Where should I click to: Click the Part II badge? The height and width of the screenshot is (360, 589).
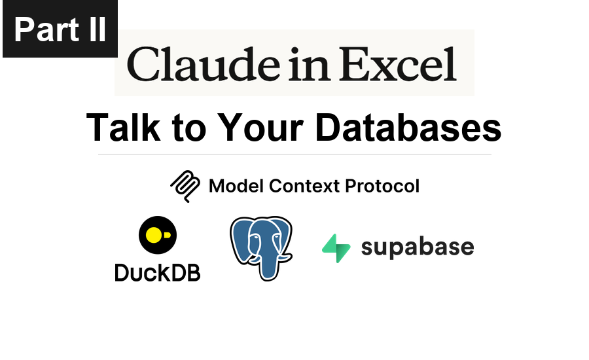pos(60,29)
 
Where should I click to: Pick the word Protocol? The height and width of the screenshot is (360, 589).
pos(382,186)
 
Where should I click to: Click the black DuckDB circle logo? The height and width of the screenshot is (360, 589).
pos(157,236)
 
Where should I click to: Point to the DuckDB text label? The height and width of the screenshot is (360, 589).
pos(157,271)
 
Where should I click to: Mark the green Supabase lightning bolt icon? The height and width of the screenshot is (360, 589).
pos(336,248)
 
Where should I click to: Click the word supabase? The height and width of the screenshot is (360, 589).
pos(417,248)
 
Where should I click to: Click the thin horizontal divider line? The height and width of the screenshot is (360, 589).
pos(294,154)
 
